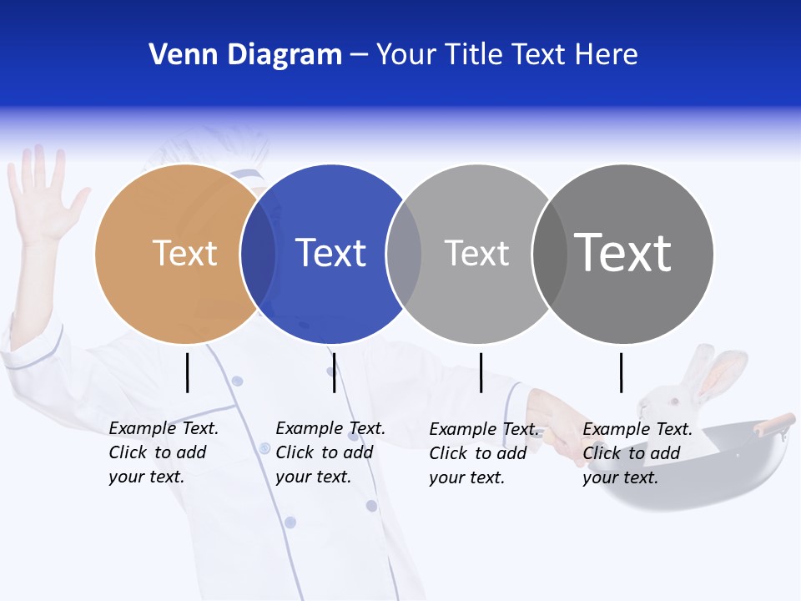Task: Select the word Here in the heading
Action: pyautogui.click(x=607, y=55)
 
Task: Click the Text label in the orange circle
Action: pyautogui.click(x=184, y=253)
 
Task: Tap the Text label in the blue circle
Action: pyautogui.click(x=330, y=253)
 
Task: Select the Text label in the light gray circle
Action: pyautogui.click(x=476, y=253)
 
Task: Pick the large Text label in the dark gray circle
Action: pyautogui.click(x=623, y=253)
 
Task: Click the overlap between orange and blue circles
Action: pyautogui.click(x=258, y=254)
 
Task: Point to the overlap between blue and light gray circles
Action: pyautogui.click(x=404, y=254)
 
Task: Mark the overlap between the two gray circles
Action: pyautogui.click(x=549, y=254)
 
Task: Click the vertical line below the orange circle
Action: pyautogui.click(x=188, y=372)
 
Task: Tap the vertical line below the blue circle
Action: pyautogui.click(x=334, y=372)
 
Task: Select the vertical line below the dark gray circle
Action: pyautogui.click(x=621, y=372)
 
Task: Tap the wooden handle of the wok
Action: pyautogui.click(x=773, y=423)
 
